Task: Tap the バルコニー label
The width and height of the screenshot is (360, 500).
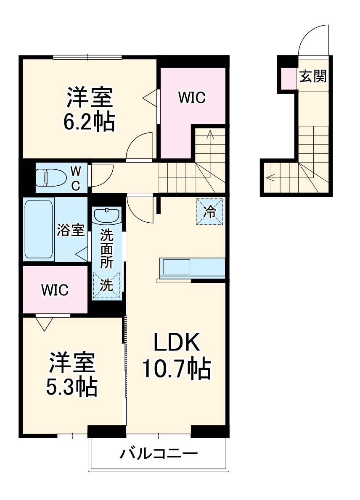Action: pyautogui.click(x=159, y=454)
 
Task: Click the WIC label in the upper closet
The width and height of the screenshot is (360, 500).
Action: pyautogui.click(x=191, y=97)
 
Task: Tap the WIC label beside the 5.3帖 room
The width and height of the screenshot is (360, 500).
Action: pyautogui.click(x=55, y=290)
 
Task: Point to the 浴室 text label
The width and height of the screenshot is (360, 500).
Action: pyautogui.click(x=71, y=230)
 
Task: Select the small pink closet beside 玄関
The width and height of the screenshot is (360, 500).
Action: pyautogui.click(x=288, y=78)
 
